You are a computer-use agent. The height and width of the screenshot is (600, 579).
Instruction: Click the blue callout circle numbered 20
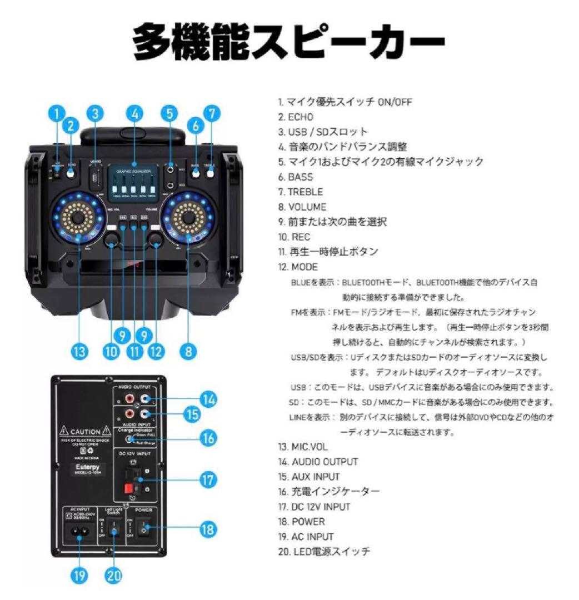(114, 576)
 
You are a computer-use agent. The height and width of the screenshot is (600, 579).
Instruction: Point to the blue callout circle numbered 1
(56, 114)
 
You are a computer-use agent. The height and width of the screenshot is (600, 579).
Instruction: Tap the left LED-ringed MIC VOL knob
(79, 216)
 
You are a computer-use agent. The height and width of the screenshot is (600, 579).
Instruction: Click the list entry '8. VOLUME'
(302, 207)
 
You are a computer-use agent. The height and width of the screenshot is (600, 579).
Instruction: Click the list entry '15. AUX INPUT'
(309, 477)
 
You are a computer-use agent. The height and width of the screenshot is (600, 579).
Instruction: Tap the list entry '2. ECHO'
(296, 117)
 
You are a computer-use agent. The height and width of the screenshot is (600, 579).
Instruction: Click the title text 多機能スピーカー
(289, 42)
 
